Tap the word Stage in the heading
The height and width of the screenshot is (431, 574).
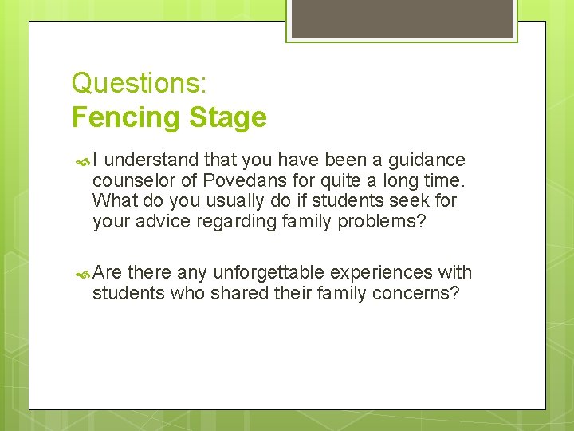coord(227,117)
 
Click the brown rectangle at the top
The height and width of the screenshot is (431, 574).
coord(402,18)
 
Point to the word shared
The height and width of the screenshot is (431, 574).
coord(239,292)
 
